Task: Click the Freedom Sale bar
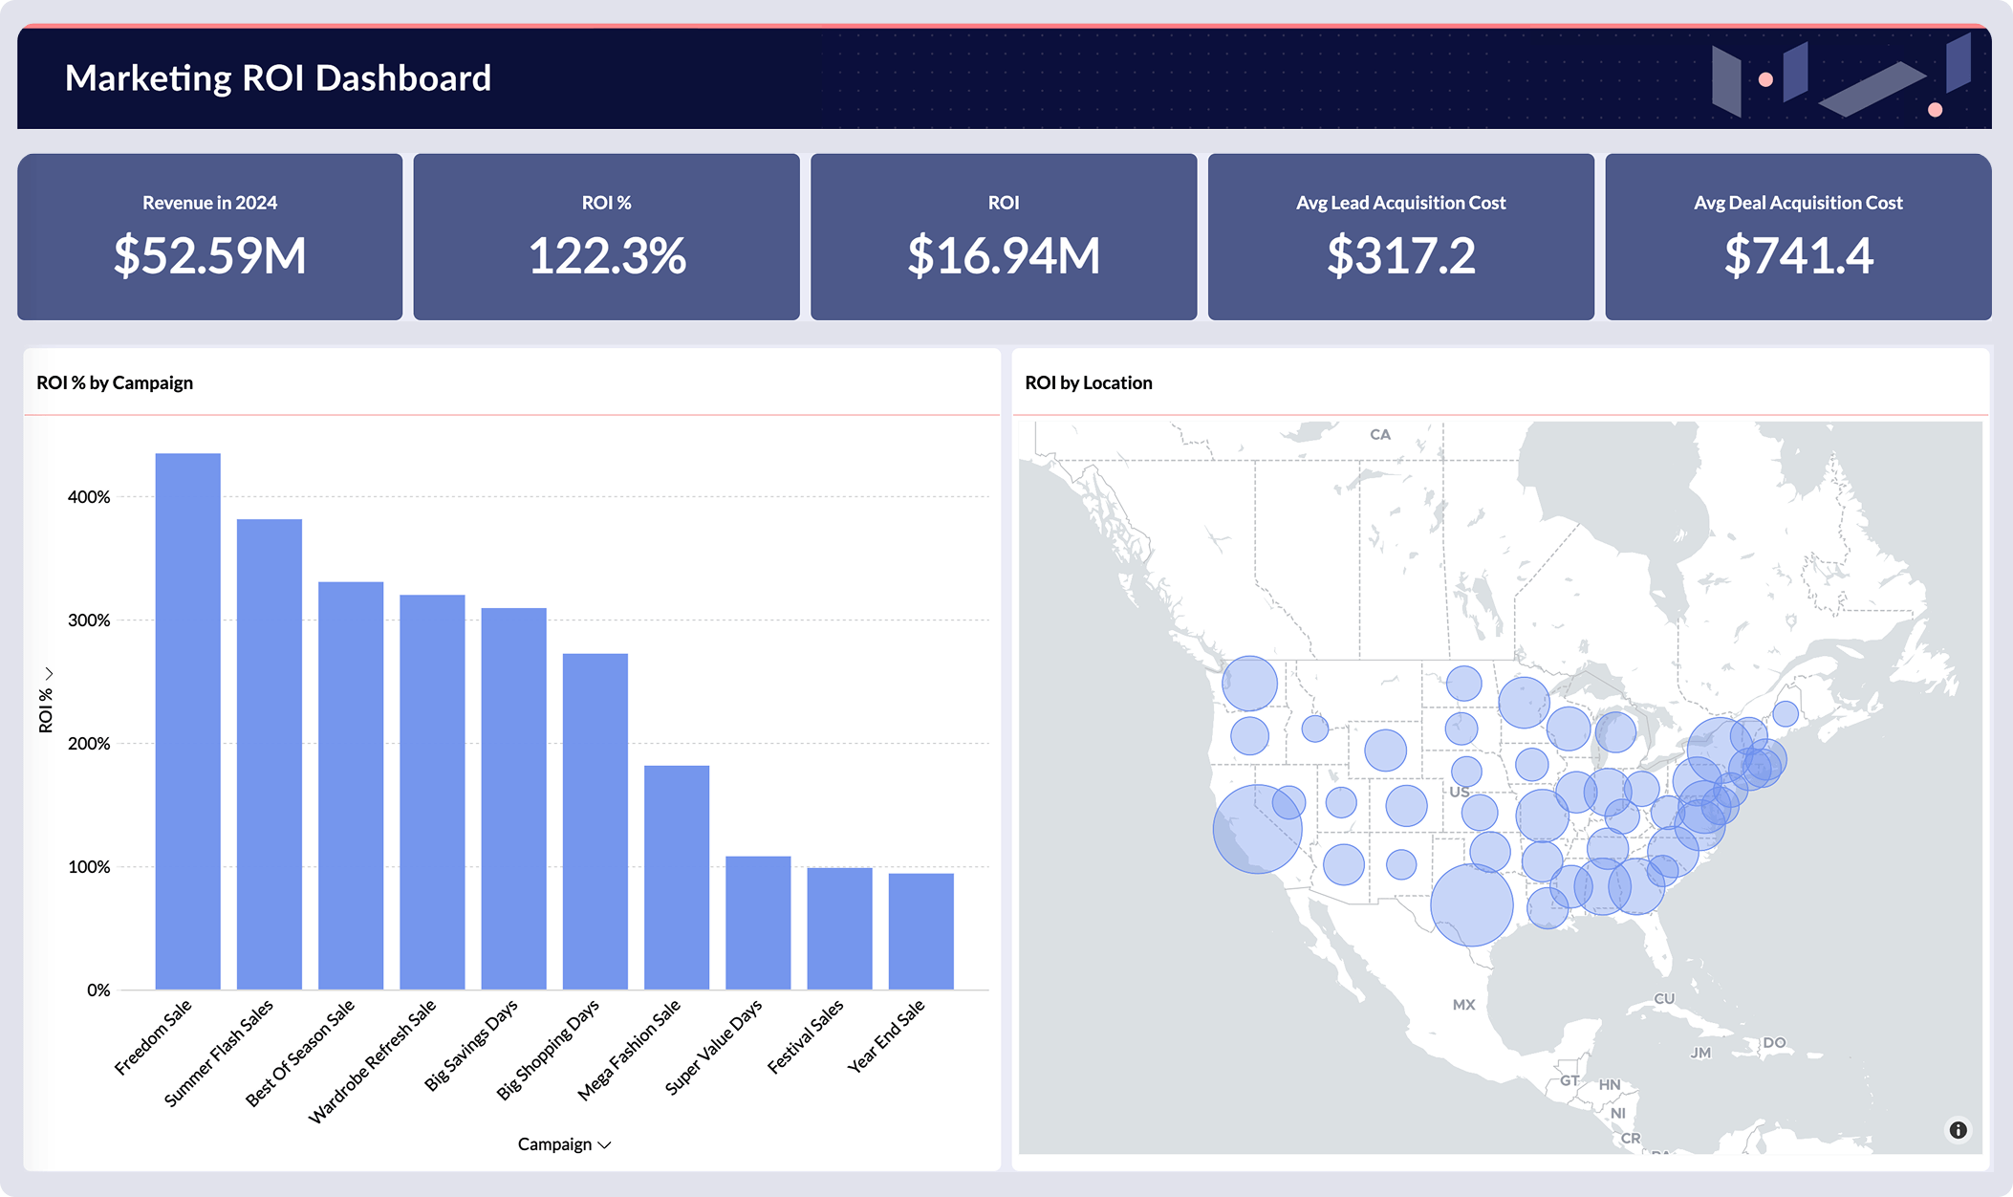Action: click(187, 722)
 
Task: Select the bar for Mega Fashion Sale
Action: click(677, 877)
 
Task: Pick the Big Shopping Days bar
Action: click(595, 821)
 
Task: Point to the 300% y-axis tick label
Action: click(89, 620)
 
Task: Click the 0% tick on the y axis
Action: click(98, 990)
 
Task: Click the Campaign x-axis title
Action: click(555, 1144)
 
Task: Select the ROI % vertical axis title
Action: click(45, 709)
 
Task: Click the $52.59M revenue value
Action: click(210, 256)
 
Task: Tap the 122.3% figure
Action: click(607, 256)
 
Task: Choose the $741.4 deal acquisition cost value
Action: click(1798, 256)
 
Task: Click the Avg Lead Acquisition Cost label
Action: click(1400, 203)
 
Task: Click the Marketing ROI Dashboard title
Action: click(278, 78)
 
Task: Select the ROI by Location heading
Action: click(1088, 382)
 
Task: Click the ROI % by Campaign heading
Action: click(115, 382)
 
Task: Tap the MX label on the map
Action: click(1463, 1005)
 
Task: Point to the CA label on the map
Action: click(1379, 434)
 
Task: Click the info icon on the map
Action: click(1958, 1130)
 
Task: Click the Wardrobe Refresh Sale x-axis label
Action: click(373, 1061)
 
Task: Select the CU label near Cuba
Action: click(1664, 998)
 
